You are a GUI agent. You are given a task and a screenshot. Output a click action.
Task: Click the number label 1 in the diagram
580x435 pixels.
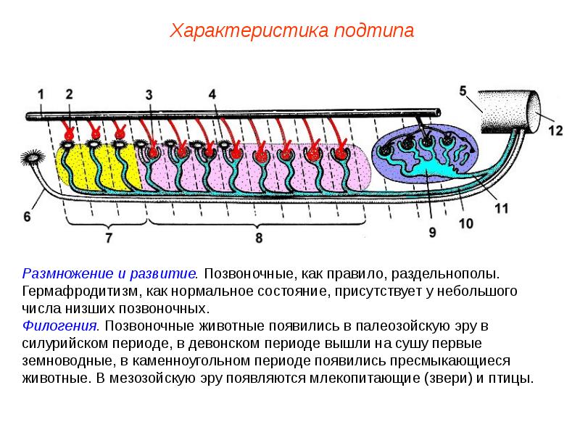41,94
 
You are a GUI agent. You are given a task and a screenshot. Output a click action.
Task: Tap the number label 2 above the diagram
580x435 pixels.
69,94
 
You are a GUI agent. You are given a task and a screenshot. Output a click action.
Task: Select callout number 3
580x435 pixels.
149,94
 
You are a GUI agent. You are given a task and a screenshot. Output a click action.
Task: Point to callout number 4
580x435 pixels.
212,94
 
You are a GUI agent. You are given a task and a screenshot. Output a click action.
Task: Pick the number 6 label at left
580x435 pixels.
28,216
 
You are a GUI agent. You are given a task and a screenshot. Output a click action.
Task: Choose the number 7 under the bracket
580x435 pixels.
109,236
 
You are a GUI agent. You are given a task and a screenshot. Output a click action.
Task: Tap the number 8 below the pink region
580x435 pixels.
258,237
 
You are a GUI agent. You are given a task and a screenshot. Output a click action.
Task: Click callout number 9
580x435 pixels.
432,232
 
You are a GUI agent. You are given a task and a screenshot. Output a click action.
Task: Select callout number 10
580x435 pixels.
466,223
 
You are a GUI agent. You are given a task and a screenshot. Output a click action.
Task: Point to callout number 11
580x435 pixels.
501,207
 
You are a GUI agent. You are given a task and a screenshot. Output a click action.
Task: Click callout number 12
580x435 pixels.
555,130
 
